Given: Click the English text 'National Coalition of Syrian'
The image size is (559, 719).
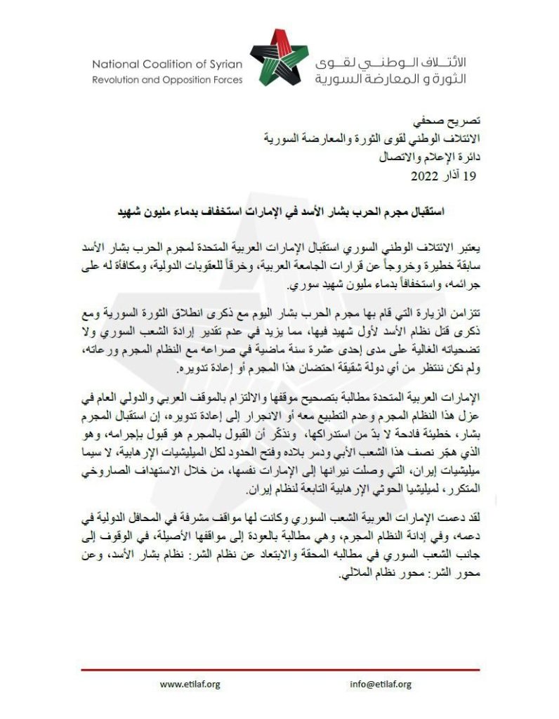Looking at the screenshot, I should click(x=167, y=64).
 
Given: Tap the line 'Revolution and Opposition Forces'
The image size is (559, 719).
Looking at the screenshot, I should click(x=167, y=80).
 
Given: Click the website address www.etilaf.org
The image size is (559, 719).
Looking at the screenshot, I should click(x=190, y=685).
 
